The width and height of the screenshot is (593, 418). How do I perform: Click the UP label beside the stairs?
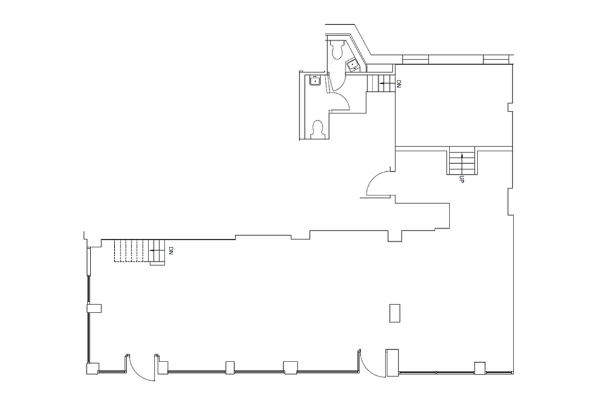(461, 180)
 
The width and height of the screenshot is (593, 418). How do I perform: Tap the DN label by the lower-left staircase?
(170, 252)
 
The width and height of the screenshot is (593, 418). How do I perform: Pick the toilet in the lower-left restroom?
(318, 129)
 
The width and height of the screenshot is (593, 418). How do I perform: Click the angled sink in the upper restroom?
(352, 64)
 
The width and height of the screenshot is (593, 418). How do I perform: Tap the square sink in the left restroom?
(315, 80)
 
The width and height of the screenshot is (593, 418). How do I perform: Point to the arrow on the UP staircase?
(461, 162)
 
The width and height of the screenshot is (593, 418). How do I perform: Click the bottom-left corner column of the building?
(91, 368)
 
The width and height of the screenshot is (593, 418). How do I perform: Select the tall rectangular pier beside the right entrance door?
(391, 363)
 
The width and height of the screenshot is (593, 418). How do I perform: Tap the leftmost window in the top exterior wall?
(415, 60)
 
